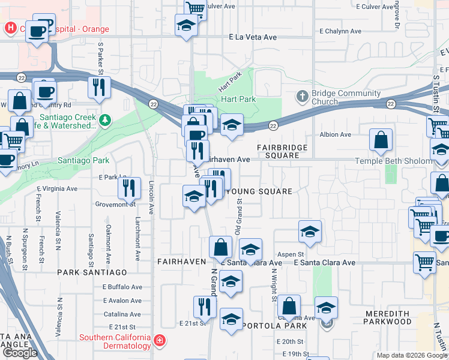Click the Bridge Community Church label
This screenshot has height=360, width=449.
346,97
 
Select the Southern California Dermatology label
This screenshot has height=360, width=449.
115,341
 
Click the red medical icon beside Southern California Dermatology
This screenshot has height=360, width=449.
159,341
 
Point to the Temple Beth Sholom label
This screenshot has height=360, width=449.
402,161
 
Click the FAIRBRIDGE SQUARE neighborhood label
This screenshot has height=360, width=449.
282,151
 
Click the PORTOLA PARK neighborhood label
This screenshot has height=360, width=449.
275,326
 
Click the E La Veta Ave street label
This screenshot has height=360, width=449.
253,37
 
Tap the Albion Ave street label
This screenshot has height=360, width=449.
335,134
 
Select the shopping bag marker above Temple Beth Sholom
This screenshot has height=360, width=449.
381,141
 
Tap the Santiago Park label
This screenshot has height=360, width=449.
83,160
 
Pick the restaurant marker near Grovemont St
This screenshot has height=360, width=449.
129,188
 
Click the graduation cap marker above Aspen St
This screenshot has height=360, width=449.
309,232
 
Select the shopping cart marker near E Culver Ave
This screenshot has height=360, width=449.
195,8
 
